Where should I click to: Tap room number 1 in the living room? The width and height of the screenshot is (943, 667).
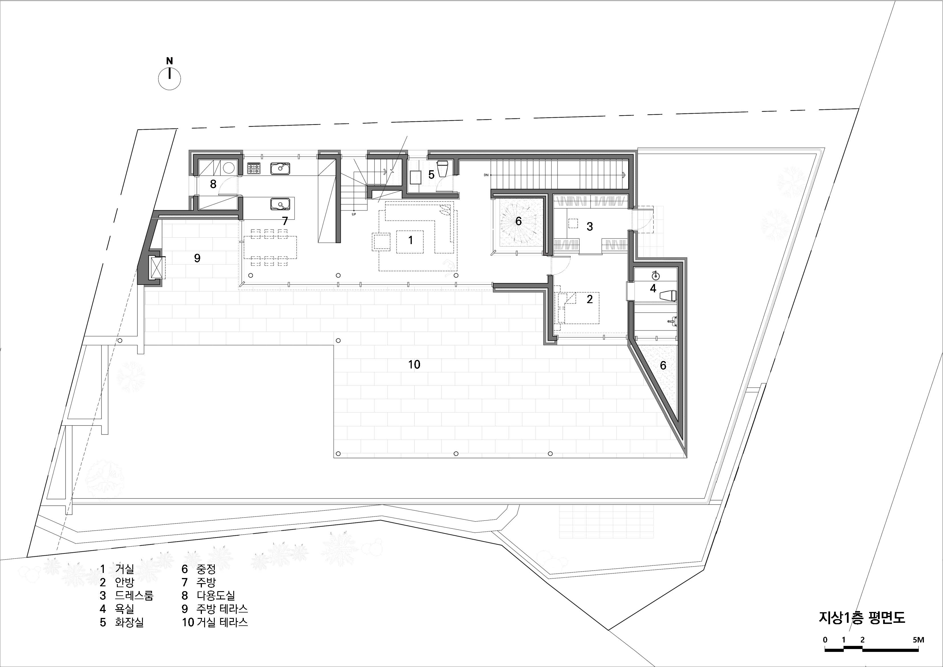pos(410,240)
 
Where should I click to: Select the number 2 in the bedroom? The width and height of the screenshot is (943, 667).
pos(590,299)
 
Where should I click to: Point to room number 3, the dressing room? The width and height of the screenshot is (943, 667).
pos(590,226)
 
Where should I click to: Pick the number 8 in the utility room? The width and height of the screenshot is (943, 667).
pos(213,184)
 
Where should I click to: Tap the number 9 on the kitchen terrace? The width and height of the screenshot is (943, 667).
pos(197,258)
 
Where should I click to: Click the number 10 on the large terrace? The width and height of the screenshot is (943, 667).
pos(414,364)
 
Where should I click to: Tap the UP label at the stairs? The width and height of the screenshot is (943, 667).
pos(353,214)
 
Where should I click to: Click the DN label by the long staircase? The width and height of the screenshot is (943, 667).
pos(486,175)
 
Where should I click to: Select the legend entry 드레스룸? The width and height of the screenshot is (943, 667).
pos(134,595)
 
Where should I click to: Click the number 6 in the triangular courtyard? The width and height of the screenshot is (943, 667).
pos(663,365)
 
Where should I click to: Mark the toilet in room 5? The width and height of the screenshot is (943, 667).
pos(443,169)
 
